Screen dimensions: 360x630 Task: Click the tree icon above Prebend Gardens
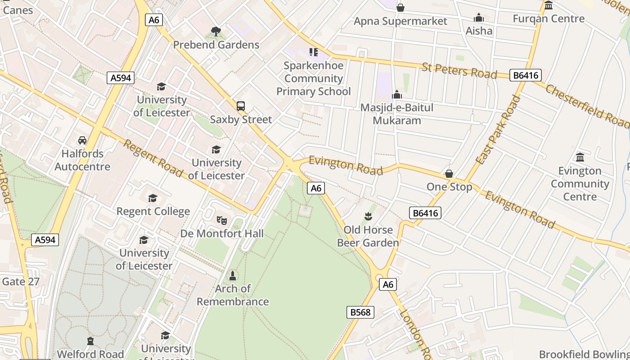pos(216,31)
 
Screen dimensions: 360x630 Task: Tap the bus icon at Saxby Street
pos(241,106)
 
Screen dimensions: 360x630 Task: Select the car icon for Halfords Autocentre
pos(82,140)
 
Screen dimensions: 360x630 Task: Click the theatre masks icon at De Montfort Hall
pos(221,220)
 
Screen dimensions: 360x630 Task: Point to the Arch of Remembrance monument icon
pos(233,275)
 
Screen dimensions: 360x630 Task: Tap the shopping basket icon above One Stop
pos(449,174)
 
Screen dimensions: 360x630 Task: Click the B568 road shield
pos(360,312)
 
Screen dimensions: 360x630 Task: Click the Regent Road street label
pos(153,158)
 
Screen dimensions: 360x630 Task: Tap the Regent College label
pos(153,211)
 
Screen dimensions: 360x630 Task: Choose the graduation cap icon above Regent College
pos(153,198)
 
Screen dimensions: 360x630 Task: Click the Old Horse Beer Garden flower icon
pos(368,216)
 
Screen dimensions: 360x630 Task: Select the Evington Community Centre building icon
pos(580,157)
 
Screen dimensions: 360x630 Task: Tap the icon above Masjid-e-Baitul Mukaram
pos(397,94)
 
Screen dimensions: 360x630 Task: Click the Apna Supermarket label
pos(400,21)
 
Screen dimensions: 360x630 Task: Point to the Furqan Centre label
pos(549,18)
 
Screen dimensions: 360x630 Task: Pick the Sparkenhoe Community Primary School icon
pos(314,52)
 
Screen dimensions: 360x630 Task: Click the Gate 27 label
pos(21,282)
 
